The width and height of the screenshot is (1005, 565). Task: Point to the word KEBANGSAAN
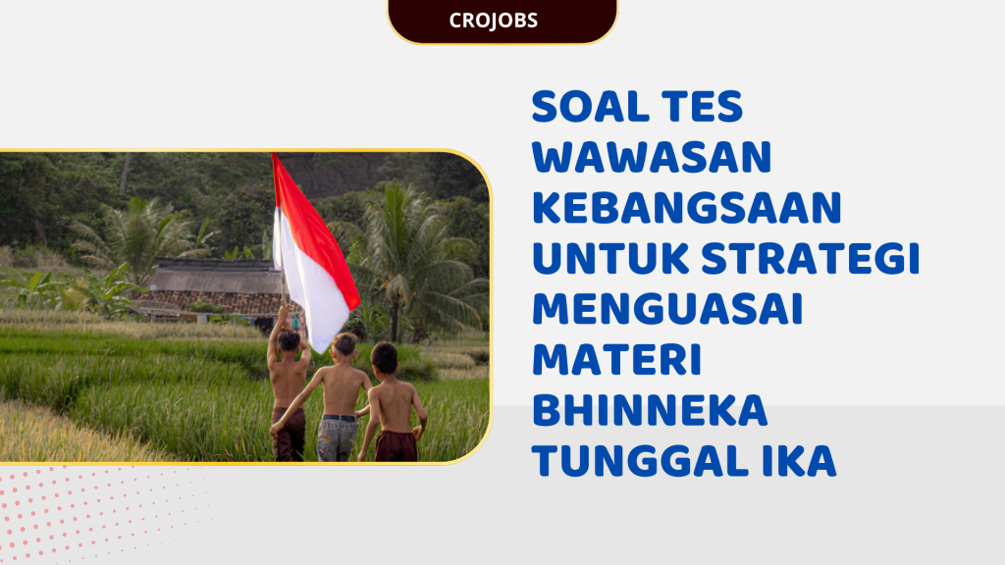687,208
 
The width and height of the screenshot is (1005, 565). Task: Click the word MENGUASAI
667,310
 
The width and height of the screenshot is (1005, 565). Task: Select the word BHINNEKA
649,412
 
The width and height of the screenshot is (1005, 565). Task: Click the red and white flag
312,250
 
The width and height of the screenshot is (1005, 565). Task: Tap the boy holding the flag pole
289,383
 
